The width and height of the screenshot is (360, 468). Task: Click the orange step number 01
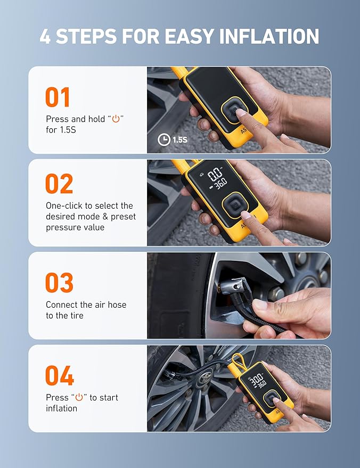click(x=58, y=98)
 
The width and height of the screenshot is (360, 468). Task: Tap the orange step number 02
click(x=59, y=184)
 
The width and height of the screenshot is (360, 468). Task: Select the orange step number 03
click(x=59, y=283)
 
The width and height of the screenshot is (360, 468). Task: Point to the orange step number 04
click(x=59, y=376)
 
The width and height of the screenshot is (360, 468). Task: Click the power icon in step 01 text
click(x=116, y=119)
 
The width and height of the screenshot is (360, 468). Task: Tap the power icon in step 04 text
click(x=79, y=398)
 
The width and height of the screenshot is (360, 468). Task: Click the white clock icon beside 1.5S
click(x=164, y=139)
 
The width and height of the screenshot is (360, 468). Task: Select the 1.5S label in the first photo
click(x=180, y=139)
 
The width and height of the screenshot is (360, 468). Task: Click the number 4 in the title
click(x=46, y=36)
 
